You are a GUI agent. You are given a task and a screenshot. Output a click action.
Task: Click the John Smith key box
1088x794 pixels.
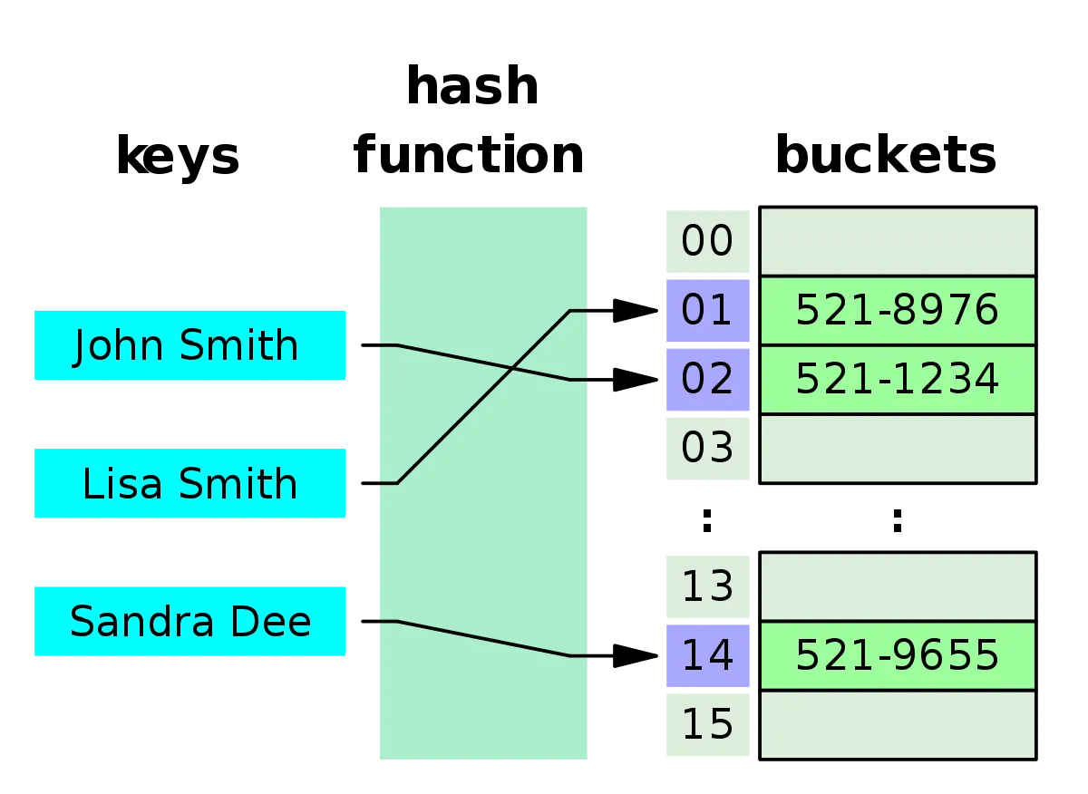click(189, 345)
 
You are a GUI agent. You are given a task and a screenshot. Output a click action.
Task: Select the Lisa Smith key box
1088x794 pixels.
click(189, 483)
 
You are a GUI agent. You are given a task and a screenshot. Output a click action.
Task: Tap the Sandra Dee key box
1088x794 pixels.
click(189, 621)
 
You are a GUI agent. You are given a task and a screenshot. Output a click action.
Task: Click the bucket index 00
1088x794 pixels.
click(707, 242)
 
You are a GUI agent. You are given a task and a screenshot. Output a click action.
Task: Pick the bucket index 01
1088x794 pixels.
click(707, 311)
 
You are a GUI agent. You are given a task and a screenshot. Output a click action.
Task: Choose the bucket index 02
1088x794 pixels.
click(707, 380)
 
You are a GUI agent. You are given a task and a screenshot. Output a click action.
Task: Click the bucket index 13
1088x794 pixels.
click(707, 586)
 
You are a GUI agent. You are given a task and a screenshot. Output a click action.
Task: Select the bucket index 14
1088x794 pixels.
click(707, 655)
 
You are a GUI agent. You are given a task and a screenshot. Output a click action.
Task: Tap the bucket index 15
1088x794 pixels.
click(707, 724)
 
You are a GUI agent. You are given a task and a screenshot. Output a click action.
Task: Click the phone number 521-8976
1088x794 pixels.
click(897, 311)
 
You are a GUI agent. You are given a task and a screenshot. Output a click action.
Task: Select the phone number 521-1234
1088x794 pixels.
click(897, 380)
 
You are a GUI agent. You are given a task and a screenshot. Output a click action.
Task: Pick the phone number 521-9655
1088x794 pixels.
click(897, 655)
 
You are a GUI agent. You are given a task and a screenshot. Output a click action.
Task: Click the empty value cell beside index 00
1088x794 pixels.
click(897, 241)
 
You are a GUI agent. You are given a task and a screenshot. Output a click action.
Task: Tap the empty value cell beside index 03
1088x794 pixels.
click(897, 449)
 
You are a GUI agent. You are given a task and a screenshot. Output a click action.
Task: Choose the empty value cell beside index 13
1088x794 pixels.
click(897, 586)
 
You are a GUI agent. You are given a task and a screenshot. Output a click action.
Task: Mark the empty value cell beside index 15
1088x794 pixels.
click(897, 724)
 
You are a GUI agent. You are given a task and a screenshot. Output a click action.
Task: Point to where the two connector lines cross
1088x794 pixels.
click(512, 368)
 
